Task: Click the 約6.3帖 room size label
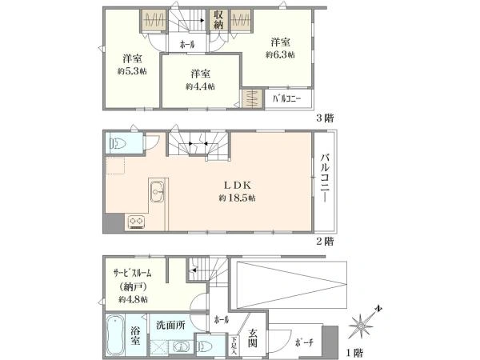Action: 280,54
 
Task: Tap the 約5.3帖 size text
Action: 132,71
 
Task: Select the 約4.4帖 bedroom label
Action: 200,86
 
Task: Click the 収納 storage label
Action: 218,19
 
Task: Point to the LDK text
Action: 238,186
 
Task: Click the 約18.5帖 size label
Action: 238,198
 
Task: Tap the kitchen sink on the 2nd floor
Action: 157,191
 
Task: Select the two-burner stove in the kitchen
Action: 136,222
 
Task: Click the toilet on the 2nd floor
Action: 118,143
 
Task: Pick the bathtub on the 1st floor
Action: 115,336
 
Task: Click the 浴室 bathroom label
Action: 135,335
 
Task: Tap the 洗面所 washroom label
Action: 170,325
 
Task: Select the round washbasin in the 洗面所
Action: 182,347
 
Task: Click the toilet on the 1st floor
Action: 206,346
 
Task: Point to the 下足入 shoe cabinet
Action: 234,346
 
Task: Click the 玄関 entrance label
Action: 253,338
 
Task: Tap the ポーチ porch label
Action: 304,342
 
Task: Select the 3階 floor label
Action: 325,118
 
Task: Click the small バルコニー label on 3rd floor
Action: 287,98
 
